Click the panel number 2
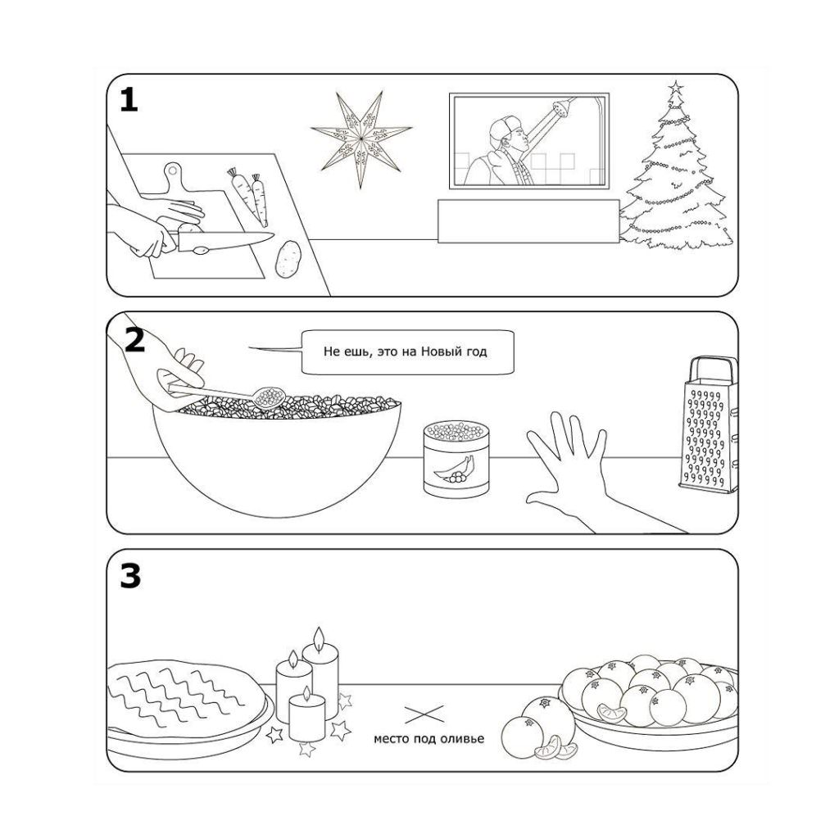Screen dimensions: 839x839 pyautogui.click(x=134, y=338)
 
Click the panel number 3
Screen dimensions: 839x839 pyautogui.click(x=130, y=576)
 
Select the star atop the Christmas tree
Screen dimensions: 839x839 pyautogui.click(x=675, y=87)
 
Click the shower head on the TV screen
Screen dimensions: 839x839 pyautogui.click(x=562, y=107)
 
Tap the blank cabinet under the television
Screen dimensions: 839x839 pyautogui.click(x=528, y=220)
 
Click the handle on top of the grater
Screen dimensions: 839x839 pyautogui.click(x=710, y=367)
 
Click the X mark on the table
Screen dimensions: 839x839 pyautogui.click(x=424, y=714)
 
